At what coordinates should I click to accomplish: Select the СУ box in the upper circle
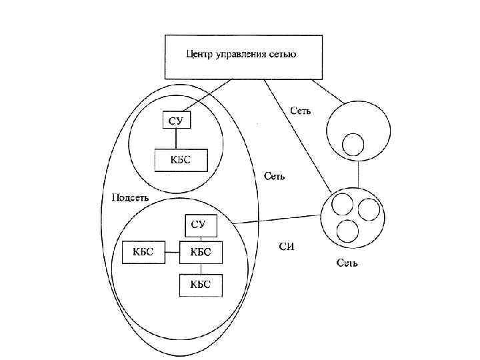coord(177,120)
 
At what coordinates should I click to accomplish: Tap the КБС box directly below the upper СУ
coord(181,160)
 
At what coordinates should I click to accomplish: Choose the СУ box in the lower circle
coord(199,225)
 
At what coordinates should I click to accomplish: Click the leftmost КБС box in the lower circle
coord(143,252)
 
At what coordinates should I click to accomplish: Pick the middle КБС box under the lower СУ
coord(201,252)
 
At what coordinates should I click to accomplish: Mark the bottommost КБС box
coord(201,285)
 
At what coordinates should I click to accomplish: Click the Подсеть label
coord(131,198)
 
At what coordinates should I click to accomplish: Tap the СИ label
coord(286,247)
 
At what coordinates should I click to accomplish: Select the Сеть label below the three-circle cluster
coord(347,263)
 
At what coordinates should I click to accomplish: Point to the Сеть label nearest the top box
coord(300,111)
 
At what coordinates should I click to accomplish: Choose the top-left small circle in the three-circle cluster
coord(341,203)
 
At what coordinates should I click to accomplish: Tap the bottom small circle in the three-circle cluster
coord(348,231)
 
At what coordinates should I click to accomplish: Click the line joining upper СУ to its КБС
coord(176,139)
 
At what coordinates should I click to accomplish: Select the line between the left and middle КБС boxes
coord(173,252)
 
